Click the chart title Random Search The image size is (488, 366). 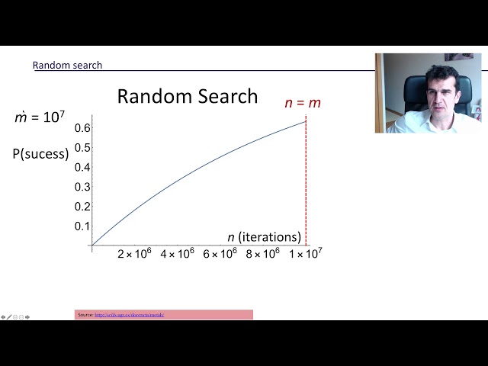(187, 97)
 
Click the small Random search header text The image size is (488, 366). (67, 66)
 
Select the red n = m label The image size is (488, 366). (303, 103)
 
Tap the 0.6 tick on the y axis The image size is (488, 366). (82, 127)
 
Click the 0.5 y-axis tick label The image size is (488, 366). (82, 147)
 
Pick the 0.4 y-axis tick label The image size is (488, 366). (82, 167)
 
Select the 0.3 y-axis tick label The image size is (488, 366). (82, 187)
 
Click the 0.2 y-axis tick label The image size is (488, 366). (82, 207)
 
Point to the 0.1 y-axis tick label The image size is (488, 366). (82, 226)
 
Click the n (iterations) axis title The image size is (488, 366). (265, 237)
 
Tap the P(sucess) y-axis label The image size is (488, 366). (40, 153)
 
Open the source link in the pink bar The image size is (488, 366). (130, 315)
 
